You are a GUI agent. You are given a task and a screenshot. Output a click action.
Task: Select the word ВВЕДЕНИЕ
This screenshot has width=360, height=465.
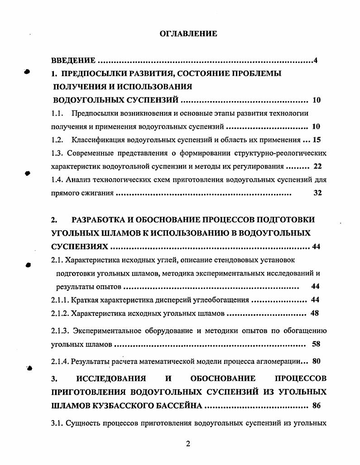(73, 61)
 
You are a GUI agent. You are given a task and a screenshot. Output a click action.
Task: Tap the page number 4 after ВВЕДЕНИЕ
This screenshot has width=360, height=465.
(315, 61)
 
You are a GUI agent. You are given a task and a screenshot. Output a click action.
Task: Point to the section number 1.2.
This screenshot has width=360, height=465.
(57, 140)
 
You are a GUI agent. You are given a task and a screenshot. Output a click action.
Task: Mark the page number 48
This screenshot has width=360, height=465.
(316, 313)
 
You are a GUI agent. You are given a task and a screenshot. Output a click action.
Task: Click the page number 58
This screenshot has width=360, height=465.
(316, 344)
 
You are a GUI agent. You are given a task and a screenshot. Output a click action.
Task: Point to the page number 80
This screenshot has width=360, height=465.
(316, 361)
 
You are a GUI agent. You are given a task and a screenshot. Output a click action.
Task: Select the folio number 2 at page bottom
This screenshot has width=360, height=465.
(188, 444)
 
